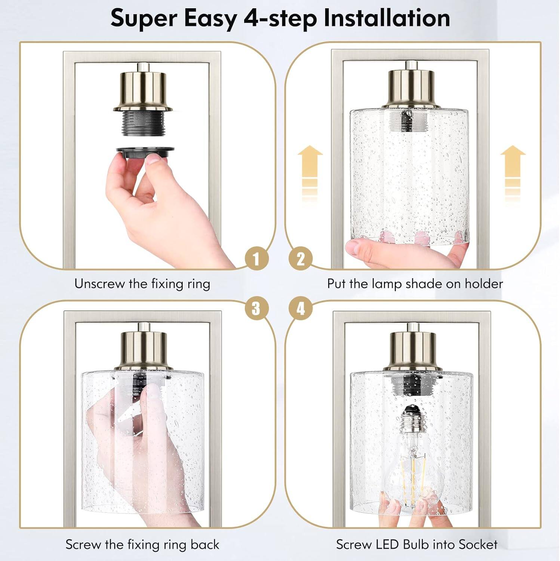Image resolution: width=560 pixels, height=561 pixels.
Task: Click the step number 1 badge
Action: click(256, 259)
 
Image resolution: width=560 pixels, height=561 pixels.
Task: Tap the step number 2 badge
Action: click(301, 259)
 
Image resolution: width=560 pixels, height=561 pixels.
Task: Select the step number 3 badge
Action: click(256, 309)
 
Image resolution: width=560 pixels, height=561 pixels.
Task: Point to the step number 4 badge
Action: click(301, 309)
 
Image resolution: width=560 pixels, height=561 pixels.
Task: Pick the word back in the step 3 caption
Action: click(205, 545)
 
